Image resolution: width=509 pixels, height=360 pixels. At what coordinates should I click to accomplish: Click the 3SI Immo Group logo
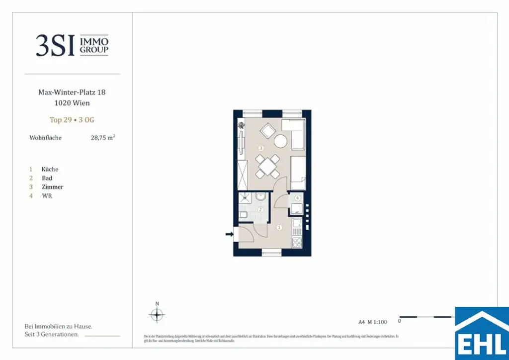[72, 45]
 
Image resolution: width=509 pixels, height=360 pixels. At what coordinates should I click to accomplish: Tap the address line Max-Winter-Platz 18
[72, 92]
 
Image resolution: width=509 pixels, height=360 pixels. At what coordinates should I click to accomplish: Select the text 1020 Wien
[72, 103]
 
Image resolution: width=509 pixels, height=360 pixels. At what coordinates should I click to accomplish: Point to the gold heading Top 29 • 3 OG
[72, 120]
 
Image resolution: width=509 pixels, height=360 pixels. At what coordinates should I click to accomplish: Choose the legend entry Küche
[50, 169]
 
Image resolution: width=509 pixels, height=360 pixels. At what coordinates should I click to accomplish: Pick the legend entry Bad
[47, 178]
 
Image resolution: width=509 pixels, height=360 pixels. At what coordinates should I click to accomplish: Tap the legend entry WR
[47, 196]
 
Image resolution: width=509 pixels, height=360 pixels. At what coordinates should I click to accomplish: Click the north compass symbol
[157, 314]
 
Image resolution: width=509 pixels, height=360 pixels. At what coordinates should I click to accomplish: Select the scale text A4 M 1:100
[372, 321]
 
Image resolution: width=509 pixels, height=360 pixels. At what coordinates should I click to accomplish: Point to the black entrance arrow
[229, 234]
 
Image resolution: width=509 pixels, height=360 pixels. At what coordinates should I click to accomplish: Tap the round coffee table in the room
[281, 141]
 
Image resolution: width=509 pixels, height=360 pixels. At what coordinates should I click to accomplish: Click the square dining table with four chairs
[267, 166]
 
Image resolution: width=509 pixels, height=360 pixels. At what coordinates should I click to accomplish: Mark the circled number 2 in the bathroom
[260, 210]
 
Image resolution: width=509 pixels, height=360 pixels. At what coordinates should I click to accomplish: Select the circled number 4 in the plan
[297, 198]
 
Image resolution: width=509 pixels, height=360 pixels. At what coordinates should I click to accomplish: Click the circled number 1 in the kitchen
[279, 228]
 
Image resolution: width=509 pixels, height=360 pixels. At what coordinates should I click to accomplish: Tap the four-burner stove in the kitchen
[296, 243]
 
